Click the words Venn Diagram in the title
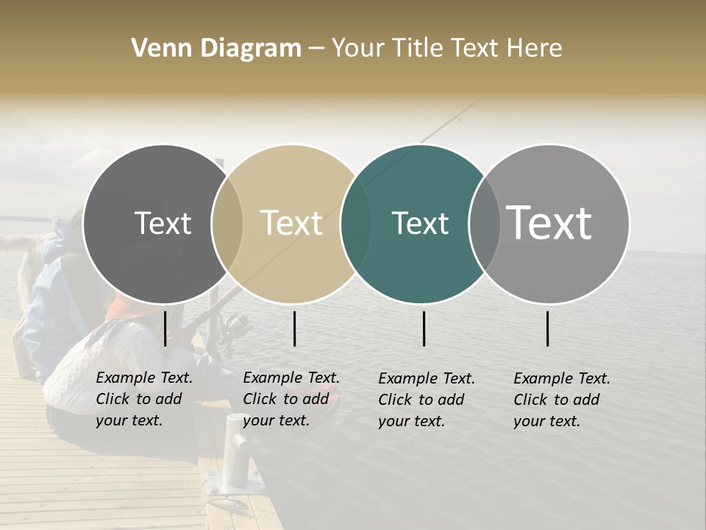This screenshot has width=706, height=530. (x=216, y=49)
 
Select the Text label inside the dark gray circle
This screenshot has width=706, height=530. (x=163, y=223)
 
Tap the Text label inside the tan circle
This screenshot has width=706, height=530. (x=292, y=223)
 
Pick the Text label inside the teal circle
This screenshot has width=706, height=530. (x=420, y=223)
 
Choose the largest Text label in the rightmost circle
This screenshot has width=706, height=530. (x=549, y=222)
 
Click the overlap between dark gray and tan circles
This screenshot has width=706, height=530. (x=227, y=223)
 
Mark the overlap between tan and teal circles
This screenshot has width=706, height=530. (x=356, y=223)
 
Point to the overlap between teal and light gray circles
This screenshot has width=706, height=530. (x=484, y=223)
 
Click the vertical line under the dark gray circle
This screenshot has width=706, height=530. (x=165, y=328)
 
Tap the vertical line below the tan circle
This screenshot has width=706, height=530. (x=294, y=328)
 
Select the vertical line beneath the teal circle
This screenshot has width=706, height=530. (x=424, y=328)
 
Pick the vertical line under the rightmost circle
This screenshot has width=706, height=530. (x=547, y=328)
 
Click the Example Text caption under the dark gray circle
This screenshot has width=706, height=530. (x=144, y=399)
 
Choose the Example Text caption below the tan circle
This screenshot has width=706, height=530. (x=291, y=399)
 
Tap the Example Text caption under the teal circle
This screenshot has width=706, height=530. (x=427, y=400)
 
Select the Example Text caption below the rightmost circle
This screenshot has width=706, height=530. (x=562, y=400)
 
